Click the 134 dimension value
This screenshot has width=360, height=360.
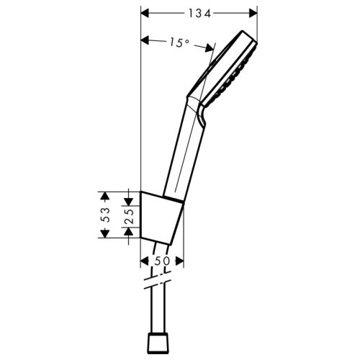click(199, 13)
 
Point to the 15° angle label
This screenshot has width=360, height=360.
click(179, 43)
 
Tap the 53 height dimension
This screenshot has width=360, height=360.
click(106, 214)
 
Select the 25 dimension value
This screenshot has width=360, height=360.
click(127, 214)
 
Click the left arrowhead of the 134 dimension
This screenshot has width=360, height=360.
click(144, 13)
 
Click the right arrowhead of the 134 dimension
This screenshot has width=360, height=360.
click(253, 13)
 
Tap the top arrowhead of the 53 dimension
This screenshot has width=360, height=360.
click(106, 194)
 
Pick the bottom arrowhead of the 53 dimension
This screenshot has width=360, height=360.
click(106, 235)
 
